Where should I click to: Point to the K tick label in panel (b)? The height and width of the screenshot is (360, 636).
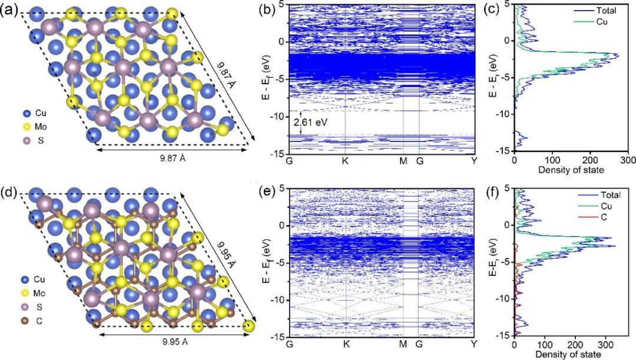tap(346, 160)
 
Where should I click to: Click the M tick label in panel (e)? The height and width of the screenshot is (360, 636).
tap(403, 344)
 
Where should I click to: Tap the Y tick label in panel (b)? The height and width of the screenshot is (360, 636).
tap(474, 160)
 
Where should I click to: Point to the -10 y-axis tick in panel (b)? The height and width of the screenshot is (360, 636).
tap(274, 114)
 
